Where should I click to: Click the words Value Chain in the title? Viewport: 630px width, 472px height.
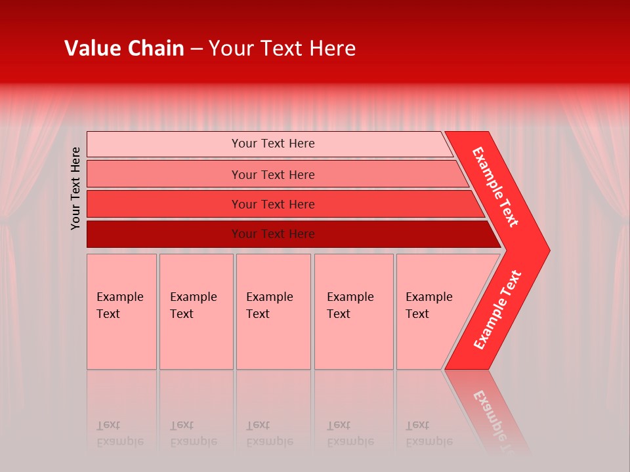coord(124,49)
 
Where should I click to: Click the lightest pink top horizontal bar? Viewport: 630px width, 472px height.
coord(164,144)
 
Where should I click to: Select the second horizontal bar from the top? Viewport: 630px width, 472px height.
coord(164,174)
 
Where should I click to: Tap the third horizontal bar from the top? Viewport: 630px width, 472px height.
coord(164,204)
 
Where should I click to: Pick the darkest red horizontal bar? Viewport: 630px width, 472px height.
coord(164,234)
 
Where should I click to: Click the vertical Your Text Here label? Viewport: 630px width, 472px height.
coord(76,188)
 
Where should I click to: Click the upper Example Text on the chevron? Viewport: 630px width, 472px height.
coord(495,187)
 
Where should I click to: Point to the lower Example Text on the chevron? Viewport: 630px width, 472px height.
coord(497,310)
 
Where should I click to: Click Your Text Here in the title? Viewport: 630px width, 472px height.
coord(282,49)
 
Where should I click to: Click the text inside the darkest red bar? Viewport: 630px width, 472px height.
coord(273,234)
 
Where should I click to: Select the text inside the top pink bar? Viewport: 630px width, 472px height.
coord(273,144)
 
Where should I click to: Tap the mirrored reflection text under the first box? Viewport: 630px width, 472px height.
coord(119,433)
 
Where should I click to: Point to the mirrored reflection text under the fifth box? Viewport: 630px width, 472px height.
coord(429,433)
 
